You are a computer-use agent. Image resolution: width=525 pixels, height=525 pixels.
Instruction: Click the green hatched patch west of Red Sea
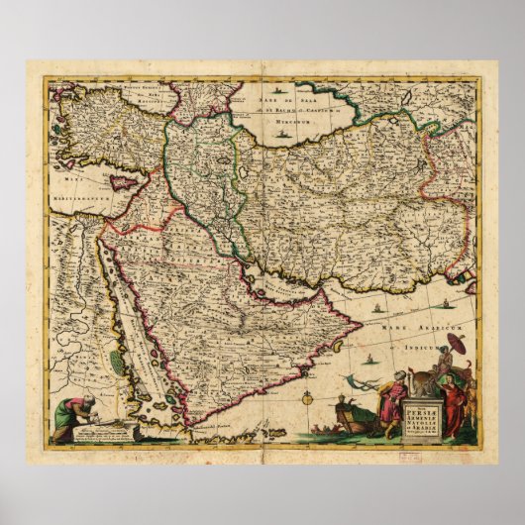[118, 362]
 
